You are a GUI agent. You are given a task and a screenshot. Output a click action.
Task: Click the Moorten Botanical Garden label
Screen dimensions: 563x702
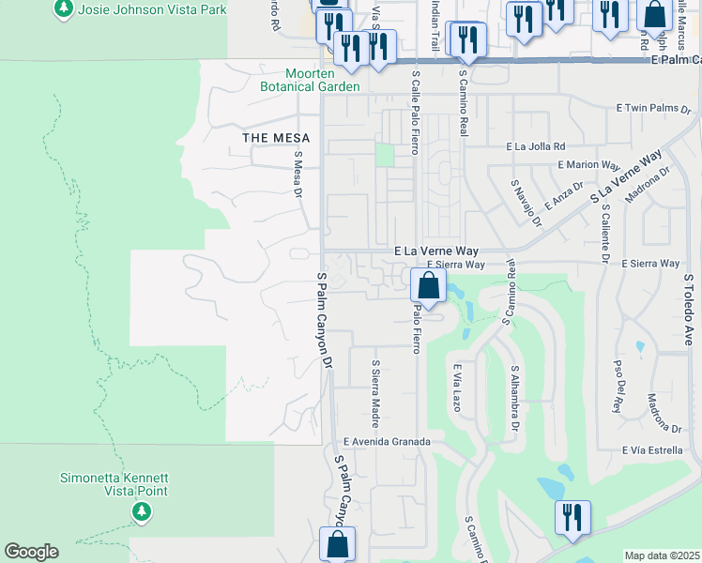324,80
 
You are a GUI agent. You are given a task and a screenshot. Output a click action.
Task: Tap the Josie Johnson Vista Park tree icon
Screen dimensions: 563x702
63,8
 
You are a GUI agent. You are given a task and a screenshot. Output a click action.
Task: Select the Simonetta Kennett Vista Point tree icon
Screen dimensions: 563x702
141,511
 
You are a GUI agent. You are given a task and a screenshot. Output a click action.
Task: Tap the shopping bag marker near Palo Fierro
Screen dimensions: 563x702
428,286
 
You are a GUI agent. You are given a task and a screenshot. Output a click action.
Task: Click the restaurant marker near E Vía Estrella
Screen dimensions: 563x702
572,517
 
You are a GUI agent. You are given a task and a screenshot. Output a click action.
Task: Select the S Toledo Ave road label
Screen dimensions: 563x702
688,311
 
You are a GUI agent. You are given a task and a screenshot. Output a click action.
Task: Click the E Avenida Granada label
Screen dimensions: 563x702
387,441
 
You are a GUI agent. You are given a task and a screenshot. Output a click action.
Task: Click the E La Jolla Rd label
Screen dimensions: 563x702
536,146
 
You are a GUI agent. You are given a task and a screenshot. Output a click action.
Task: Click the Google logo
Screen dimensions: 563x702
31,552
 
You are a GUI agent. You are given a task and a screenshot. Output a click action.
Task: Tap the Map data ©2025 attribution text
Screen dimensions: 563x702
662,555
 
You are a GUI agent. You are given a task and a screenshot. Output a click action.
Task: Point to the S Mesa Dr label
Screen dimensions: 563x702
298,175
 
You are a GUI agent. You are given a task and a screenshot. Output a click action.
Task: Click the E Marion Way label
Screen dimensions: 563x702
589,164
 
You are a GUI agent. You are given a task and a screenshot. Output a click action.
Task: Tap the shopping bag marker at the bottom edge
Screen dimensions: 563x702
337,544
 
